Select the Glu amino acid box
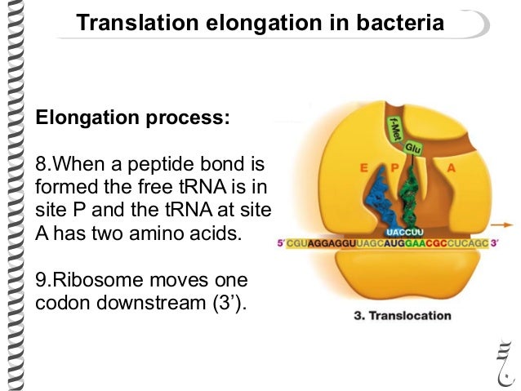click(413, 149)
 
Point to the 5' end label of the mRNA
click(282, 243)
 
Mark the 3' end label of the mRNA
click(493, 243)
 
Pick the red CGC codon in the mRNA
click(428, 243)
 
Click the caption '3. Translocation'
click(402, 315)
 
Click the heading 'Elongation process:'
click(132, 118)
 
